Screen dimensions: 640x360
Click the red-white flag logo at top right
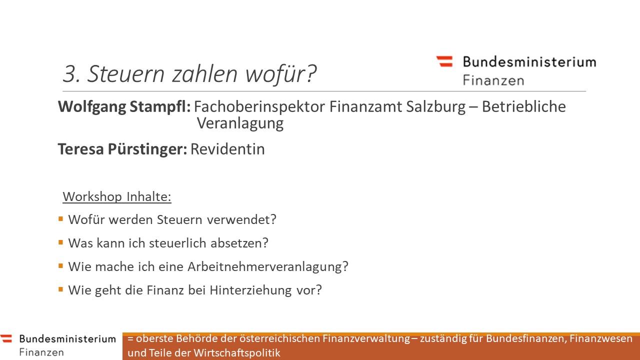coord(444,61)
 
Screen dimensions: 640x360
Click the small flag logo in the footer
coord(6,338)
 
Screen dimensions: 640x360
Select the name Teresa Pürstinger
coord(122,149)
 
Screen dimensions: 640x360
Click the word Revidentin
coord(227,149)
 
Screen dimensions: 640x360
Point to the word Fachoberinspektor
coord(259,107)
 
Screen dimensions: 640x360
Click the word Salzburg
coord(436,107)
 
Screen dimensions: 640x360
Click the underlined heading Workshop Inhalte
coord(117,196)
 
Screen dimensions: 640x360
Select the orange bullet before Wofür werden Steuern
coord(60,219)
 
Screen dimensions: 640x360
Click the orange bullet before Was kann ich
coord(60,242)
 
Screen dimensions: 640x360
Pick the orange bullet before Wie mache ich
coord(60,266)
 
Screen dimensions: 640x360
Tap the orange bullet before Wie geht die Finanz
coord(60,289)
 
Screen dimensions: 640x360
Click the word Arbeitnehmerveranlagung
coord(268,267)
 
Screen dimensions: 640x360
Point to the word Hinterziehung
coord(251,290)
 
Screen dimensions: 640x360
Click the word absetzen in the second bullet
coord(239,243)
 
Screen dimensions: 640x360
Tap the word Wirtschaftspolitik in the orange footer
coord(237,353)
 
